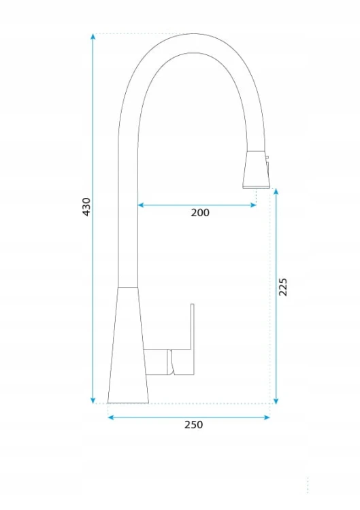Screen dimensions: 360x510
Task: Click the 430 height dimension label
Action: click(x=86, y=207)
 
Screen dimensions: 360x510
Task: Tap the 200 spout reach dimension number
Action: click(x=200, y=213)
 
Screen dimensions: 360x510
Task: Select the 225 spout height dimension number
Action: click(x=283, y=287)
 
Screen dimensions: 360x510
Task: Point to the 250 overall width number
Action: click(x=193, y=425)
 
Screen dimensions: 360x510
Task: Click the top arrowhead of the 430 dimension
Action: click(x=93, y=36)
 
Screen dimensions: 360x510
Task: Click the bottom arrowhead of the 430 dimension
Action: click(x=93, y=401)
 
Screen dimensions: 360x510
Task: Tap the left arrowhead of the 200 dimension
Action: click(x=141, y=205)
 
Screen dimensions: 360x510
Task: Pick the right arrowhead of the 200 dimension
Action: click(x=254, y=205)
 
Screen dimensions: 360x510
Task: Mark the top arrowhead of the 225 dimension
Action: click(x=276, y=192)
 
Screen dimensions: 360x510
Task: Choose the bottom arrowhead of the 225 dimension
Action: click(x=276, y=401)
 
